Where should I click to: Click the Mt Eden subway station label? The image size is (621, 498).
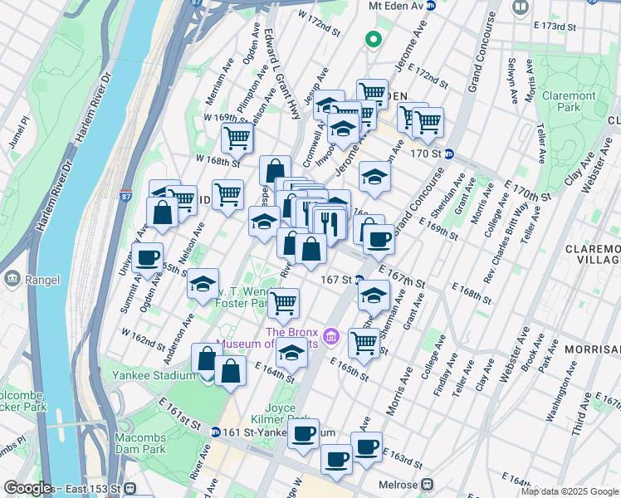click(396, 6)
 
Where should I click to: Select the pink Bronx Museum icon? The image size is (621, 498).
click(331, 335)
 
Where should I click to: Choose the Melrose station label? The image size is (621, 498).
click(400, 484)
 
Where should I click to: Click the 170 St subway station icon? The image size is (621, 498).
click(449, 153)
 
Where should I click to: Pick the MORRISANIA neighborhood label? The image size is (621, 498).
click(591, 349)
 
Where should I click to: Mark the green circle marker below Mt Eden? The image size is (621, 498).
click(374, 38)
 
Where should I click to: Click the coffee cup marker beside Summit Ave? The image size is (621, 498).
click(147, 257)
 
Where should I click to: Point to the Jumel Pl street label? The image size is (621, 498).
click(18, 132)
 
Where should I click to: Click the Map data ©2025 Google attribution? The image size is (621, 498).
click(569, 491)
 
